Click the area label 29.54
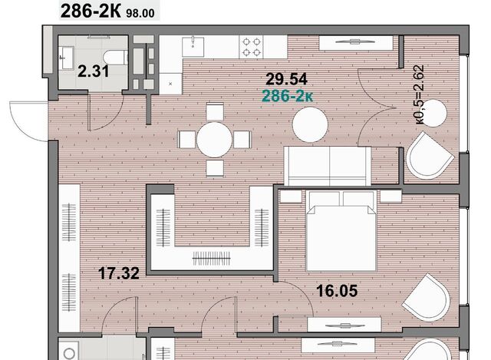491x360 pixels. point(286,79)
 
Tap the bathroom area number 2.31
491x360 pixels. point(94,71)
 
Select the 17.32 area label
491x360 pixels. point(119,273)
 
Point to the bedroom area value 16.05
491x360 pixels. point(337,291)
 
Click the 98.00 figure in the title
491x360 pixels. point(140,13)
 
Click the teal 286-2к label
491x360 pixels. point(287,96)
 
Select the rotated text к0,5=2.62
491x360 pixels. point(420,94)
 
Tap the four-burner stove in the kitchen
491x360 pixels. point(252,47)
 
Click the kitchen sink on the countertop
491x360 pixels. point(193,47)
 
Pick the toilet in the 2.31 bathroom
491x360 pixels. point(116,58)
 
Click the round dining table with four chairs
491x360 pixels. point(215,140)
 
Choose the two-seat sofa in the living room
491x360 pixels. point(328,166)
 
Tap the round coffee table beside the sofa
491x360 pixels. point(310,124)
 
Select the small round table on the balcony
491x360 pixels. point(433,113)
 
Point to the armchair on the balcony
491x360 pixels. point(430,156)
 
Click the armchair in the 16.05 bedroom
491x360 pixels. point(427,297)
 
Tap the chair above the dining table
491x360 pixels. point(215,111)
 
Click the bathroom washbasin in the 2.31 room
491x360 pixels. point(67,58)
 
